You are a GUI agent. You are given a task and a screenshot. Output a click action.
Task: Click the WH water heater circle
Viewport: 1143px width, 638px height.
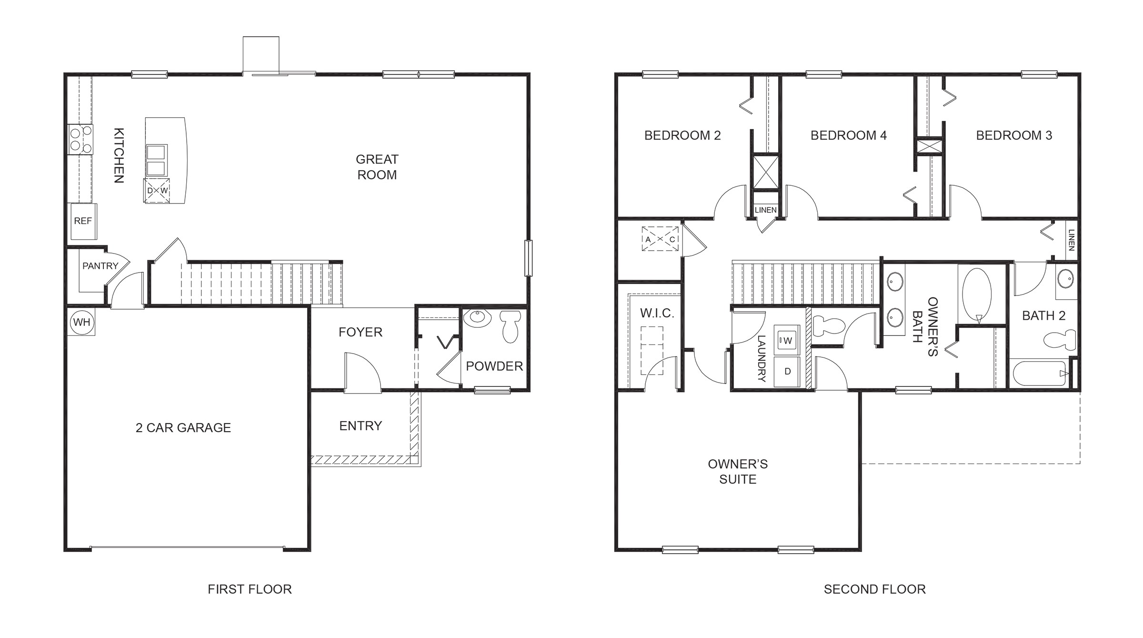click(x=81, y=323)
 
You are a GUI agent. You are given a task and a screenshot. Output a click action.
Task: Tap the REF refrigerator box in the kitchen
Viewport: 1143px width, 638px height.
click(x=83, y=221)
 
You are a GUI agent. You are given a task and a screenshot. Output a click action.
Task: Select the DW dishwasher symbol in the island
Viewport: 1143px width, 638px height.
click(x=157, y=191)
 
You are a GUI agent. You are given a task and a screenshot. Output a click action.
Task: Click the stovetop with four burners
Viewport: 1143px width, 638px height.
click(x=80, y=139)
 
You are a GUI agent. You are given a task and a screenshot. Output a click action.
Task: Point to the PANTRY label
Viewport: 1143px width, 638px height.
click(x=100, y=266)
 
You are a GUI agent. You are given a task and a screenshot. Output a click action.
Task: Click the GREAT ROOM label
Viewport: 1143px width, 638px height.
click(x=377, y=167)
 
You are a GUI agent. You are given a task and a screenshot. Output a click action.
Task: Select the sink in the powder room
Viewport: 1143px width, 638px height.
click(x=477, y=318)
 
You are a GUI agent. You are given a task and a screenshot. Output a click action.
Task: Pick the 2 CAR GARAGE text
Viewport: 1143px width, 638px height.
click(x=183, y=428)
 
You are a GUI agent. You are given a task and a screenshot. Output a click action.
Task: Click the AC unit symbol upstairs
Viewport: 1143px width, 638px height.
click(x=660, y=239)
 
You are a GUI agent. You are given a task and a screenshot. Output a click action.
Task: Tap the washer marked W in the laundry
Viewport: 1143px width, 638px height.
click(x=786, y=340)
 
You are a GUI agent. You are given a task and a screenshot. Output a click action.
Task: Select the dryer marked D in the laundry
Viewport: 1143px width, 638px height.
click(x=787, y=372)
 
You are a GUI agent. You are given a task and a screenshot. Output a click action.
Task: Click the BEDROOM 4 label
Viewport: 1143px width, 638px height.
click(x=848, y=135)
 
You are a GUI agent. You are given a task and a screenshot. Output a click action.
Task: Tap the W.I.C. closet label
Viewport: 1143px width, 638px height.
click(x=657, y=313)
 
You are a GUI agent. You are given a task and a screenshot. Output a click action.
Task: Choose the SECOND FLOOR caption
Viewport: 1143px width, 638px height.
click(x=874, y=589)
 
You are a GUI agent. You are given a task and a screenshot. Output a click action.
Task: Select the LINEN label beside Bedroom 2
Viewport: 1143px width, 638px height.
click(x=765, y=210)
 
